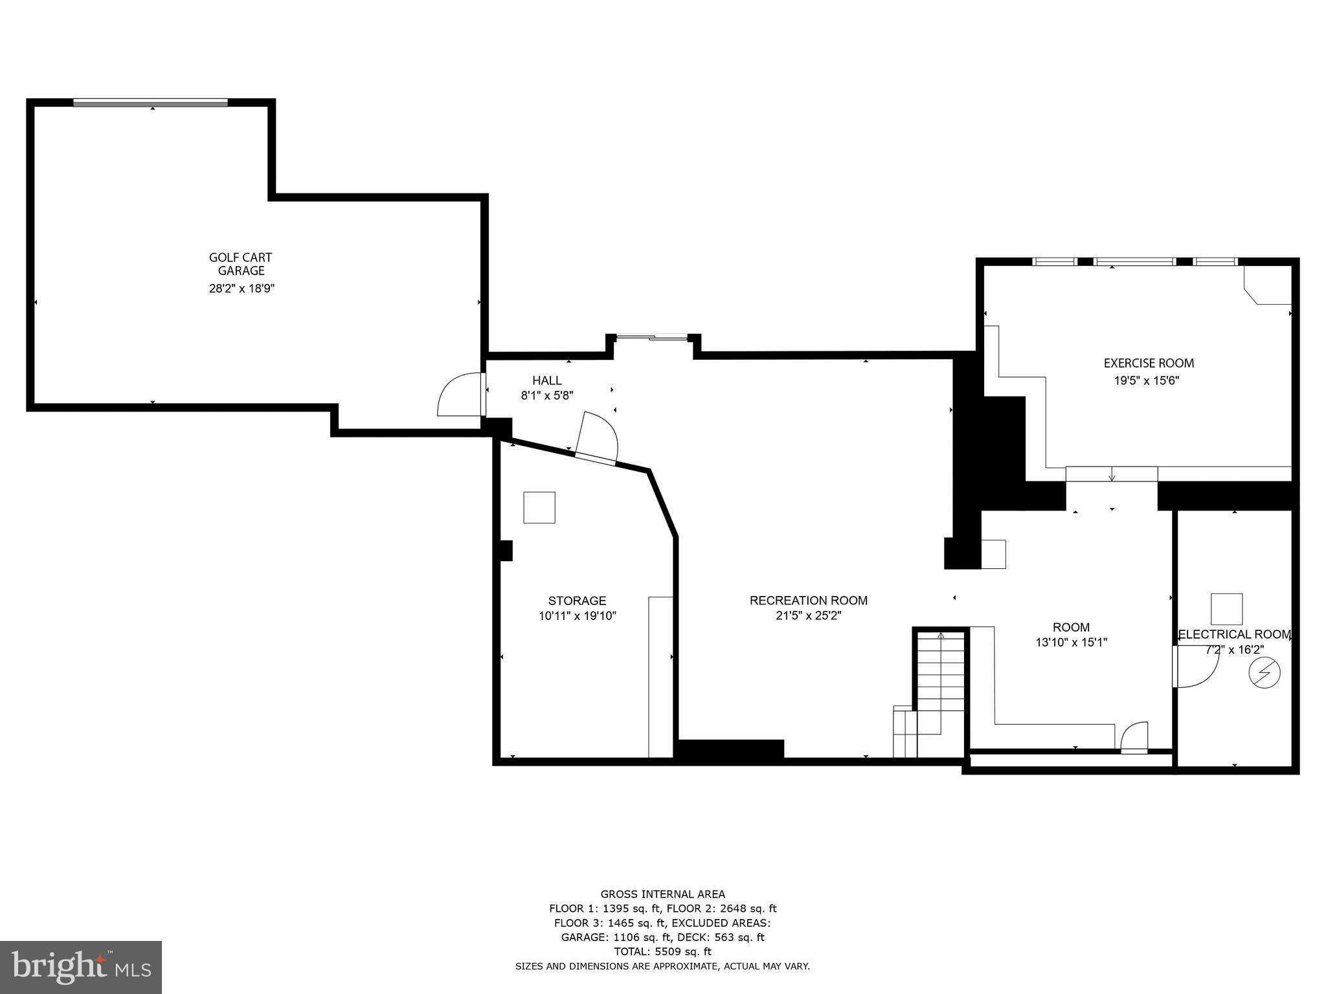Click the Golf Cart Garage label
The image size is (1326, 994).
point(241,264)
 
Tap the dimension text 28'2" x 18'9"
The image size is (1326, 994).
point(242,289)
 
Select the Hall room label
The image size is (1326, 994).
point(547,381)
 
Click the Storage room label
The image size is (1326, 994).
point(577,601)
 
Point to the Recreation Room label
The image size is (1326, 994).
point(808,601)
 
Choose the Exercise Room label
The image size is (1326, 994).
point(1149,363)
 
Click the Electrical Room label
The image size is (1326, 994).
point(1234,635)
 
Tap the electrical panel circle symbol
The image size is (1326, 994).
point(1264,673)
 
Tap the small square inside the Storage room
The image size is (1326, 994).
point(539,507)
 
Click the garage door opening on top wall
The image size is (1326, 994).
point(150,102)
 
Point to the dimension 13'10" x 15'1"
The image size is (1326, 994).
point(1071,643)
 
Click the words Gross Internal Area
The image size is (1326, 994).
point(662,894)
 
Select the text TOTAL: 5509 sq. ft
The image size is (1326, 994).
point(662,951)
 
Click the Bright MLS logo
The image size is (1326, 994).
point(81,967)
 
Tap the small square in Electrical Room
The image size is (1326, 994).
point(1227,609)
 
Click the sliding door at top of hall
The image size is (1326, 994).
point(652,337)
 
